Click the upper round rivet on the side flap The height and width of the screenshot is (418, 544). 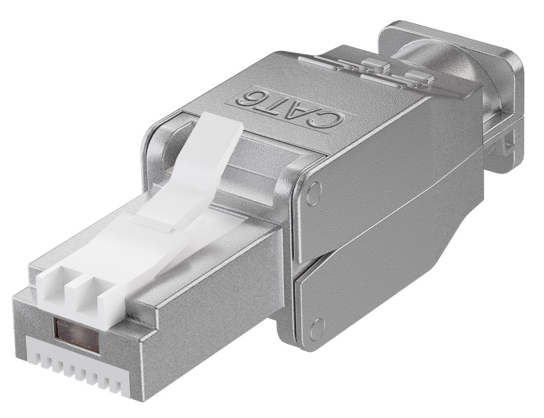pos(314,192)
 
